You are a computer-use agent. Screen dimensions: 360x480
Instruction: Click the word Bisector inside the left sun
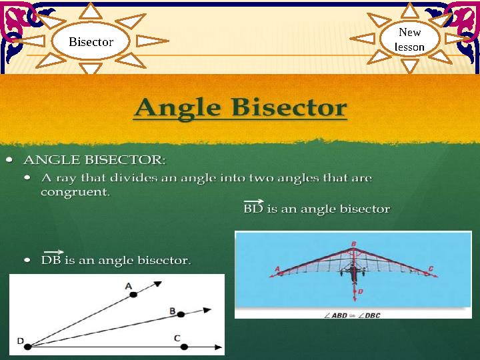(91, 41)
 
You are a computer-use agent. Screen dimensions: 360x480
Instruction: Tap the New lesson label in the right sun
(409, 39)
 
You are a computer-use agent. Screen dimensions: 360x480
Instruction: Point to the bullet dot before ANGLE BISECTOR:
(9, 160)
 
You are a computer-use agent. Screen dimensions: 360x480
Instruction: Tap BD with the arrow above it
(253, 208)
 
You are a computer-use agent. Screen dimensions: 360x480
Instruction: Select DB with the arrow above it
(51, 259)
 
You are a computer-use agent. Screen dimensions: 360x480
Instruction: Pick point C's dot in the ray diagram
(185, 347)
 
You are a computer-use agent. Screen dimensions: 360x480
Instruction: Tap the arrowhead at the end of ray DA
(158, 284)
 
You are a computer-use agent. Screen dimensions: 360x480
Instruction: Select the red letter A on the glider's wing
(277, 269)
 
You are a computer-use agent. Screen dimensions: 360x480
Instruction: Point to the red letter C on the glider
(431, 269)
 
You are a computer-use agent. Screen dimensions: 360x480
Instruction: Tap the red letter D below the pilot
(360, 291)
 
